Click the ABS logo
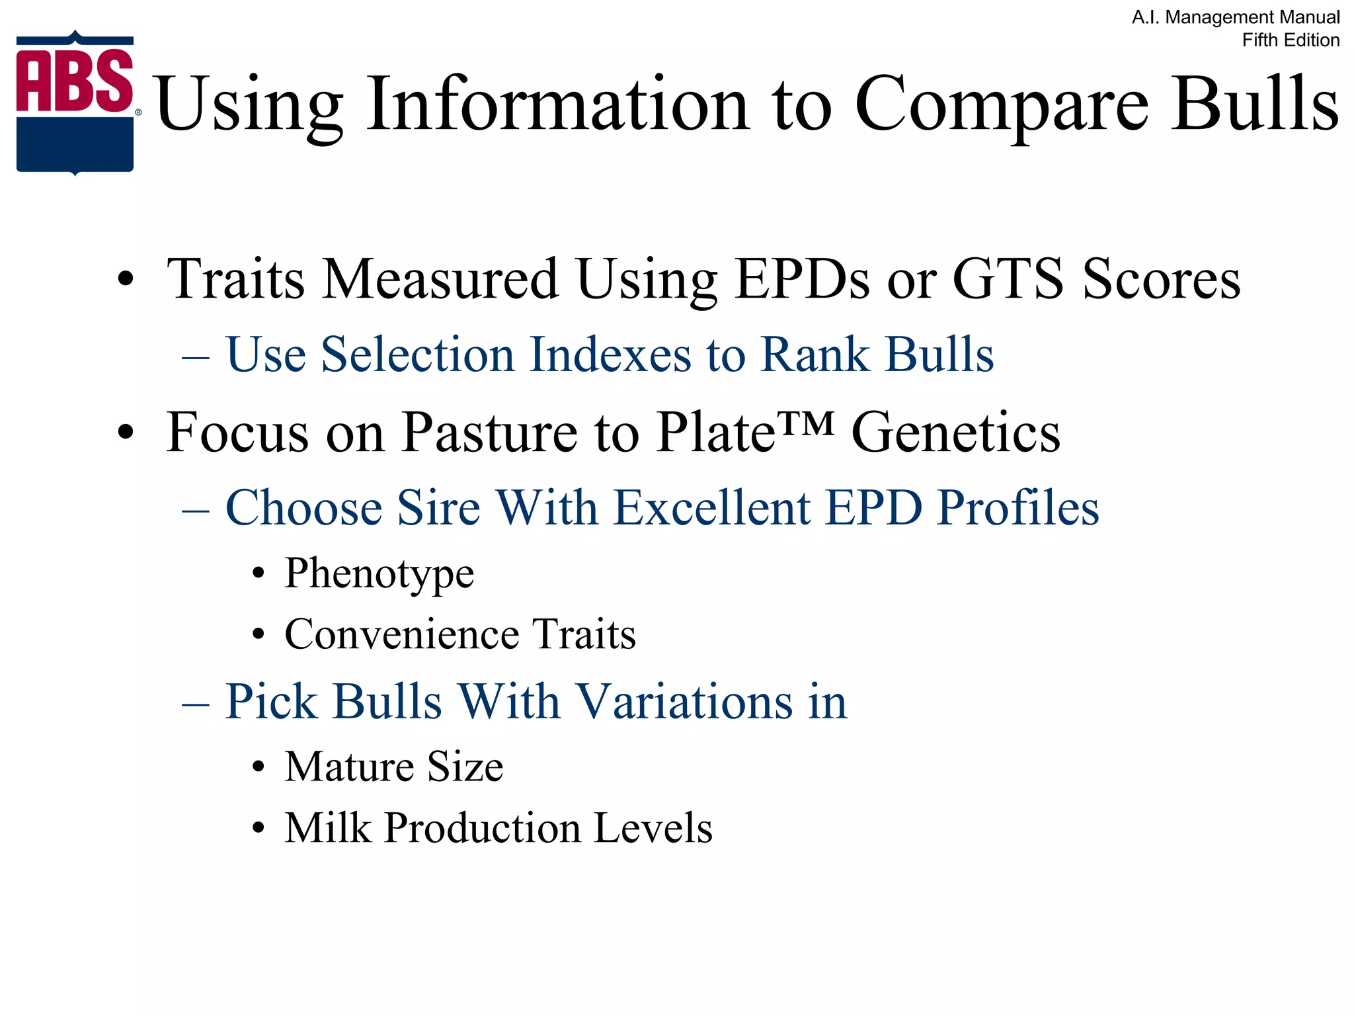point(75,103)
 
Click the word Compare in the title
point(1001,106)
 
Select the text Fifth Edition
point(1291,40)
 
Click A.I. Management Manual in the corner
point(1236,17)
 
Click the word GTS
point(1008,279)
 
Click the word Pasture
point(489,433)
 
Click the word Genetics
point(955,433)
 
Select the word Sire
point(438,508)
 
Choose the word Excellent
point(711,508)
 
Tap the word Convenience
point(402,634)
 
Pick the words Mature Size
point(393,767)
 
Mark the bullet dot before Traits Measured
point(125,280)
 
